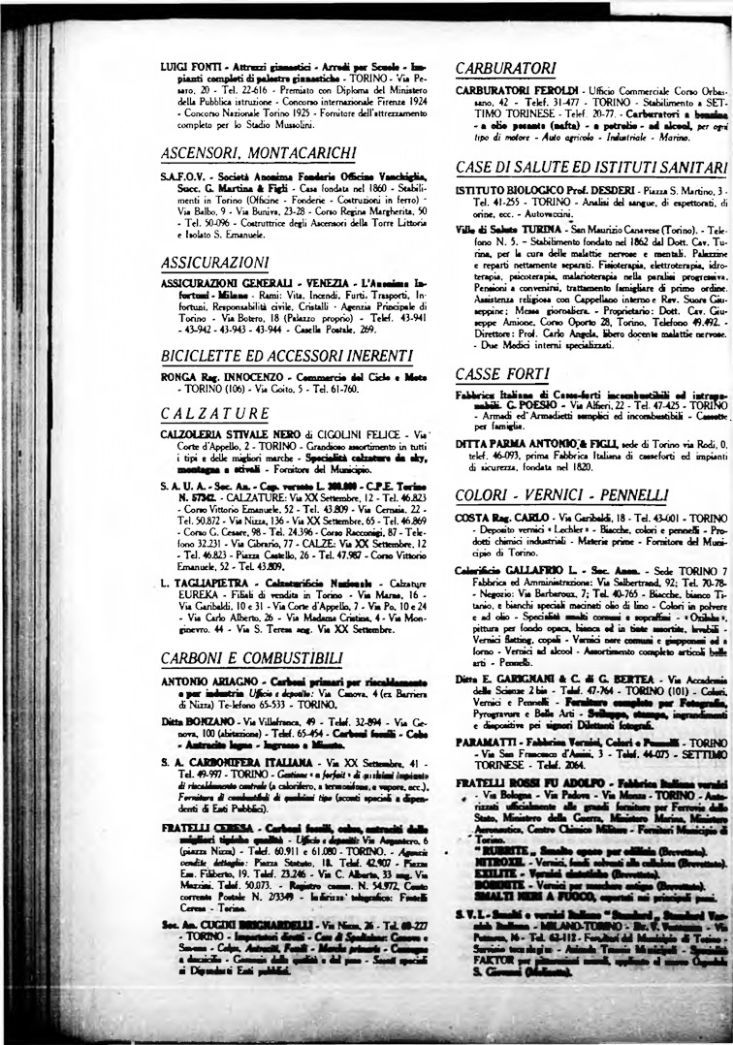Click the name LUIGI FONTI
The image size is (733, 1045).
(185, 67)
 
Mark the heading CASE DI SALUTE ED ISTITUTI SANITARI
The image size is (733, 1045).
(590, 166)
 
